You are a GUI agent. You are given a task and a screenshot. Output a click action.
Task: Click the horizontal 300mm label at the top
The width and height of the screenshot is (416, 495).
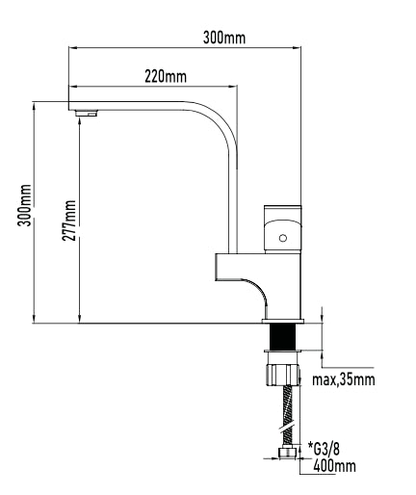pos(224,38)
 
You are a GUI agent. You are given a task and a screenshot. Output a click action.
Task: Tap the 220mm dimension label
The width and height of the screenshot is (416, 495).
pos(166,77)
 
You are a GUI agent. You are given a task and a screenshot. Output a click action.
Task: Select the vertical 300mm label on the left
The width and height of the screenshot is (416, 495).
pos(25,205)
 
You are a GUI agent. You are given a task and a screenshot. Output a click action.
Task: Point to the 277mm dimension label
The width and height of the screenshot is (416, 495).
pos(69,221)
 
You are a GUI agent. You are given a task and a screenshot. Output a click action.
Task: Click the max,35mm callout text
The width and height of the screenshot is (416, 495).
pos(344,379)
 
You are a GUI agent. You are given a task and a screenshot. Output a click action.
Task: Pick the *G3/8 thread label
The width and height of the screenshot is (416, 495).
pos(324,449)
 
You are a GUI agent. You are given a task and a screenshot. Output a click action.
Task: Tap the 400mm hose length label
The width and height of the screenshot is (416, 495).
pos(334,466)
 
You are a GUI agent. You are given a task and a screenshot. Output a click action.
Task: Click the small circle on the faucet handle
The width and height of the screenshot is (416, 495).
pos(283,238)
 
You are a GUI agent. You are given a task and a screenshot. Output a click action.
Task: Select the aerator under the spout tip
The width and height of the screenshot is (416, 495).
pos(87,113)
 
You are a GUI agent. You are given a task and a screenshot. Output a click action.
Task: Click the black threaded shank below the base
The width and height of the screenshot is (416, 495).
pos(282,336)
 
